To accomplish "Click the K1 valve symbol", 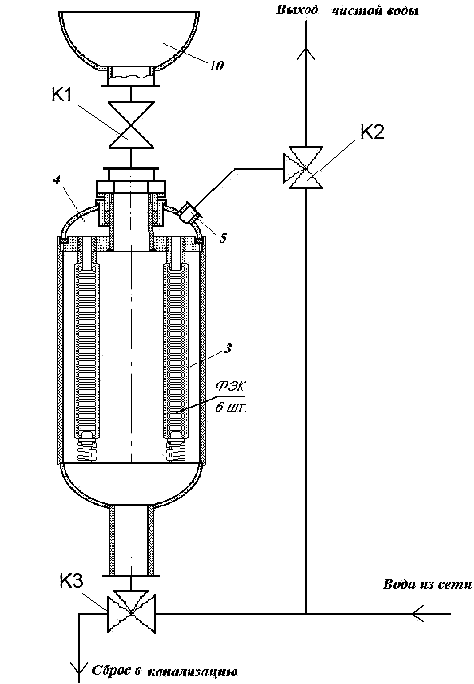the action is tap(131, 125).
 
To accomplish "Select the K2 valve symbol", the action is tap(306, 168).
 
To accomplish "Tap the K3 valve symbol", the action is tap(132, 611).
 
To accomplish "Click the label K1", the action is tap(62, 94).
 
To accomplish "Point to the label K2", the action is tap(372, 131).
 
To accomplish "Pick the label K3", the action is tap(71, 582).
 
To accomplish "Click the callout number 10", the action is tap(217, 66).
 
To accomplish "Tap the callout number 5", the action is tap(223, 238).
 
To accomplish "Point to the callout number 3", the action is tap(227, 348).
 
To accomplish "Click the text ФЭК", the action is tap(231, 387).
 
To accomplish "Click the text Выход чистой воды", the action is tap(347, 10).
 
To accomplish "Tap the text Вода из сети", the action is tap(427, 584).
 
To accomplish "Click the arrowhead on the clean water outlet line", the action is tap(306, 52).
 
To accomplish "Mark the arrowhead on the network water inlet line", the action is tap(418, 614).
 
